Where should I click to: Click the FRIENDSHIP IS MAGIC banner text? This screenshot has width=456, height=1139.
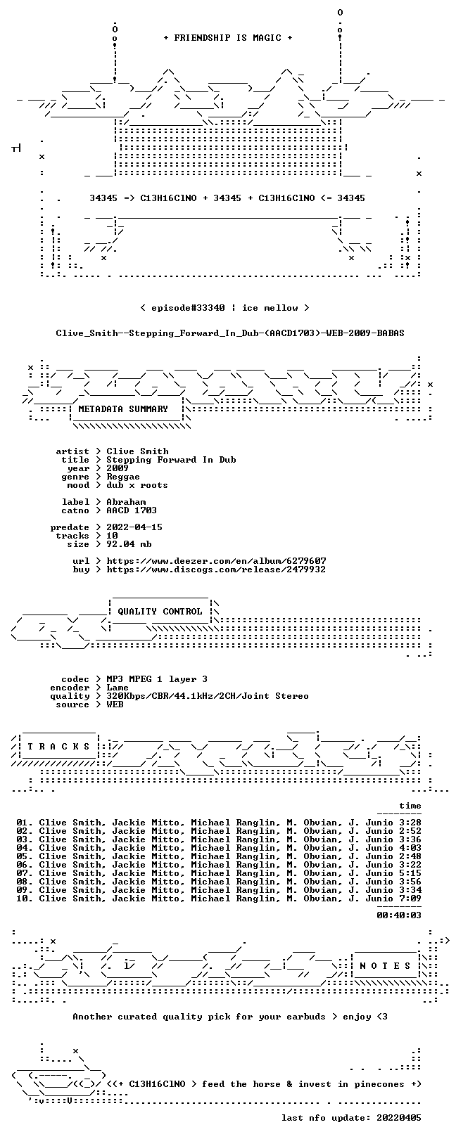tap(228, 38)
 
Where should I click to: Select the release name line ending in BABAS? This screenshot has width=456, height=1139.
tap(230, 333)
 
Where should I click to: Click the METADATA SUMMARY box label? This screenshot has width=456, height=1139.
tap(123, 408)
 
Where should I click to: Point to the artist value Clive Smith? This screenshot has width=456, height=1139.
tap(137, 451)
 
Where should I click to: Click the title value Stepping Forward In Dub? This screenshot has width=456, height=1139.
tap(171, 460)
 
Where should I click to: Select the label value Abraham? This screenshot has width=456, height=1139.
tap(126, 502)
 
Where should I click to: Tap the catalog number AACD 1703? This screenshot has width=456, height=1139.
tap(132, 510)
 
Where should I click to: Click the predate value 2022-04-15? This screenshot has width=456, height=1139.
tap(134, 527)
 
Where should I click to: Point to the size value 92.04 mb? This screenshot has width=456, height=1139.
tap(129, 544)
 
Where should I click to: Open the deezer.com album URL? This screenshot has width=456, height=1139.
tap(216, 561)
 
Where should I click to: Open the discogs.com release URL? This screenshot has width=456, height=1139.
tap(216, 569)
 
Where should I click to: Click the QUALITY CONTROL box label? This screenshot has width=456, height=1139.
tap(160, 611)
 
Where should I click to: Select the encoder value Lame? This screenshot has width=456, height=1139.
tap(118, 688)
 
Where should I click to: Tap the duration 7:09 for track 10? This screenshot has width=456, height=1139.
tap(410, 899)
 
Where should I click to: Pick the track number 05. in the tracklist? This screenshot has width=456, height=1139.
tap(25, 856)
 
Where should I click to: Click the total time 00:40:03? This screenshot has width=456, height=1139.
tap(399, 915)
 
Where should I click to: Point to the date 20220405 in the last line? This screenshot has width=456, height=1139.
tap(399, 1118)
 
